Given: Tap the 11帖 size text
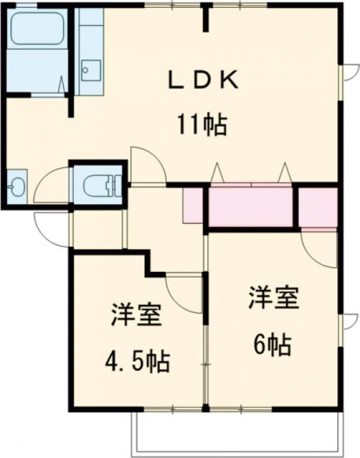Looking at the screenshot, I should coord(203,126).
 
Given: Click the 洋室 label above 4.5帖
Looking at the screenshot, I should coord(136,316).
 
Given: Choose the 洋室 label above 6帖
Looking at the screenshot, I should coord(273,298).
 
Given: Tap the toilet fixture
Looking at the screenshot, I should coord(97,186).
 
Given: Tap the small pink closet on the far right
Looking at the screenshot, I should coord(316,206).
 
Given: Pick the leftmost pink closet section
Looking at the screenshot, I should coord(193,205).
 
